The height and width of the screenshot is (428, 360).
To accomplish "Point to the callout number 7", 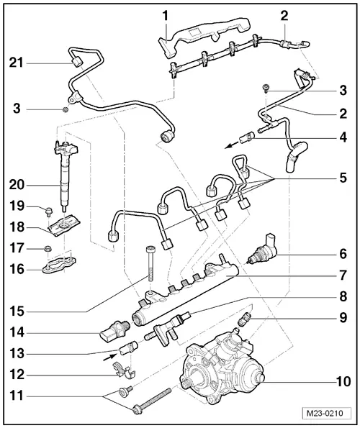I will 343,274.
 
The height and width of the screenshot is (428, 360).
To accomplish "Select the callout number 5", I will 343,176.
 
